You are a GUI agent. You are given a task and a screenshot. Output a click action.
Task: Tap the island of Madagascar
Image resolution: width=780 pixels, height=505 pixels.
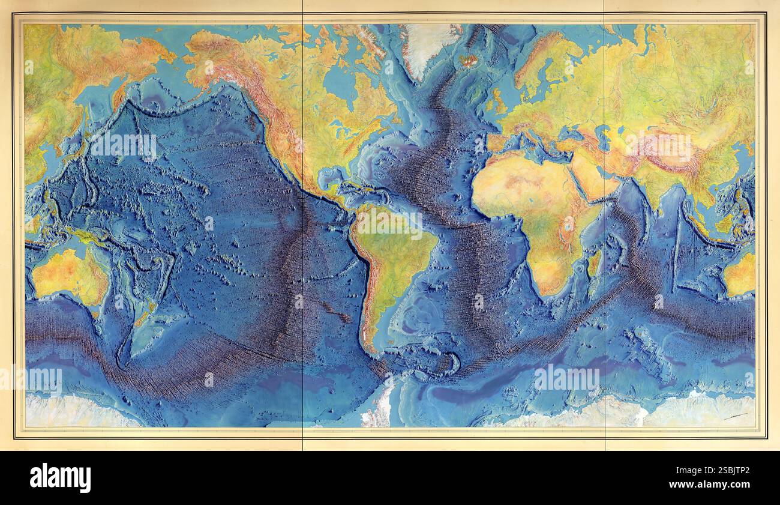click(594, 264)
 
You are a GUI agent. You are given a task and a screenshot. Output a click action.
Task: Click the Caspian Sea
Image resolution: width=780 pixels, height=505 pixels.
click(606, 135)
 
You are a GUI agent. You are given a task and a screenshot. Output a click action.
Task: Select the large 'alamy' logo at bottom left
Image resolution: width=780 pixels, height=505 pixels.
click(60, 478)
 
